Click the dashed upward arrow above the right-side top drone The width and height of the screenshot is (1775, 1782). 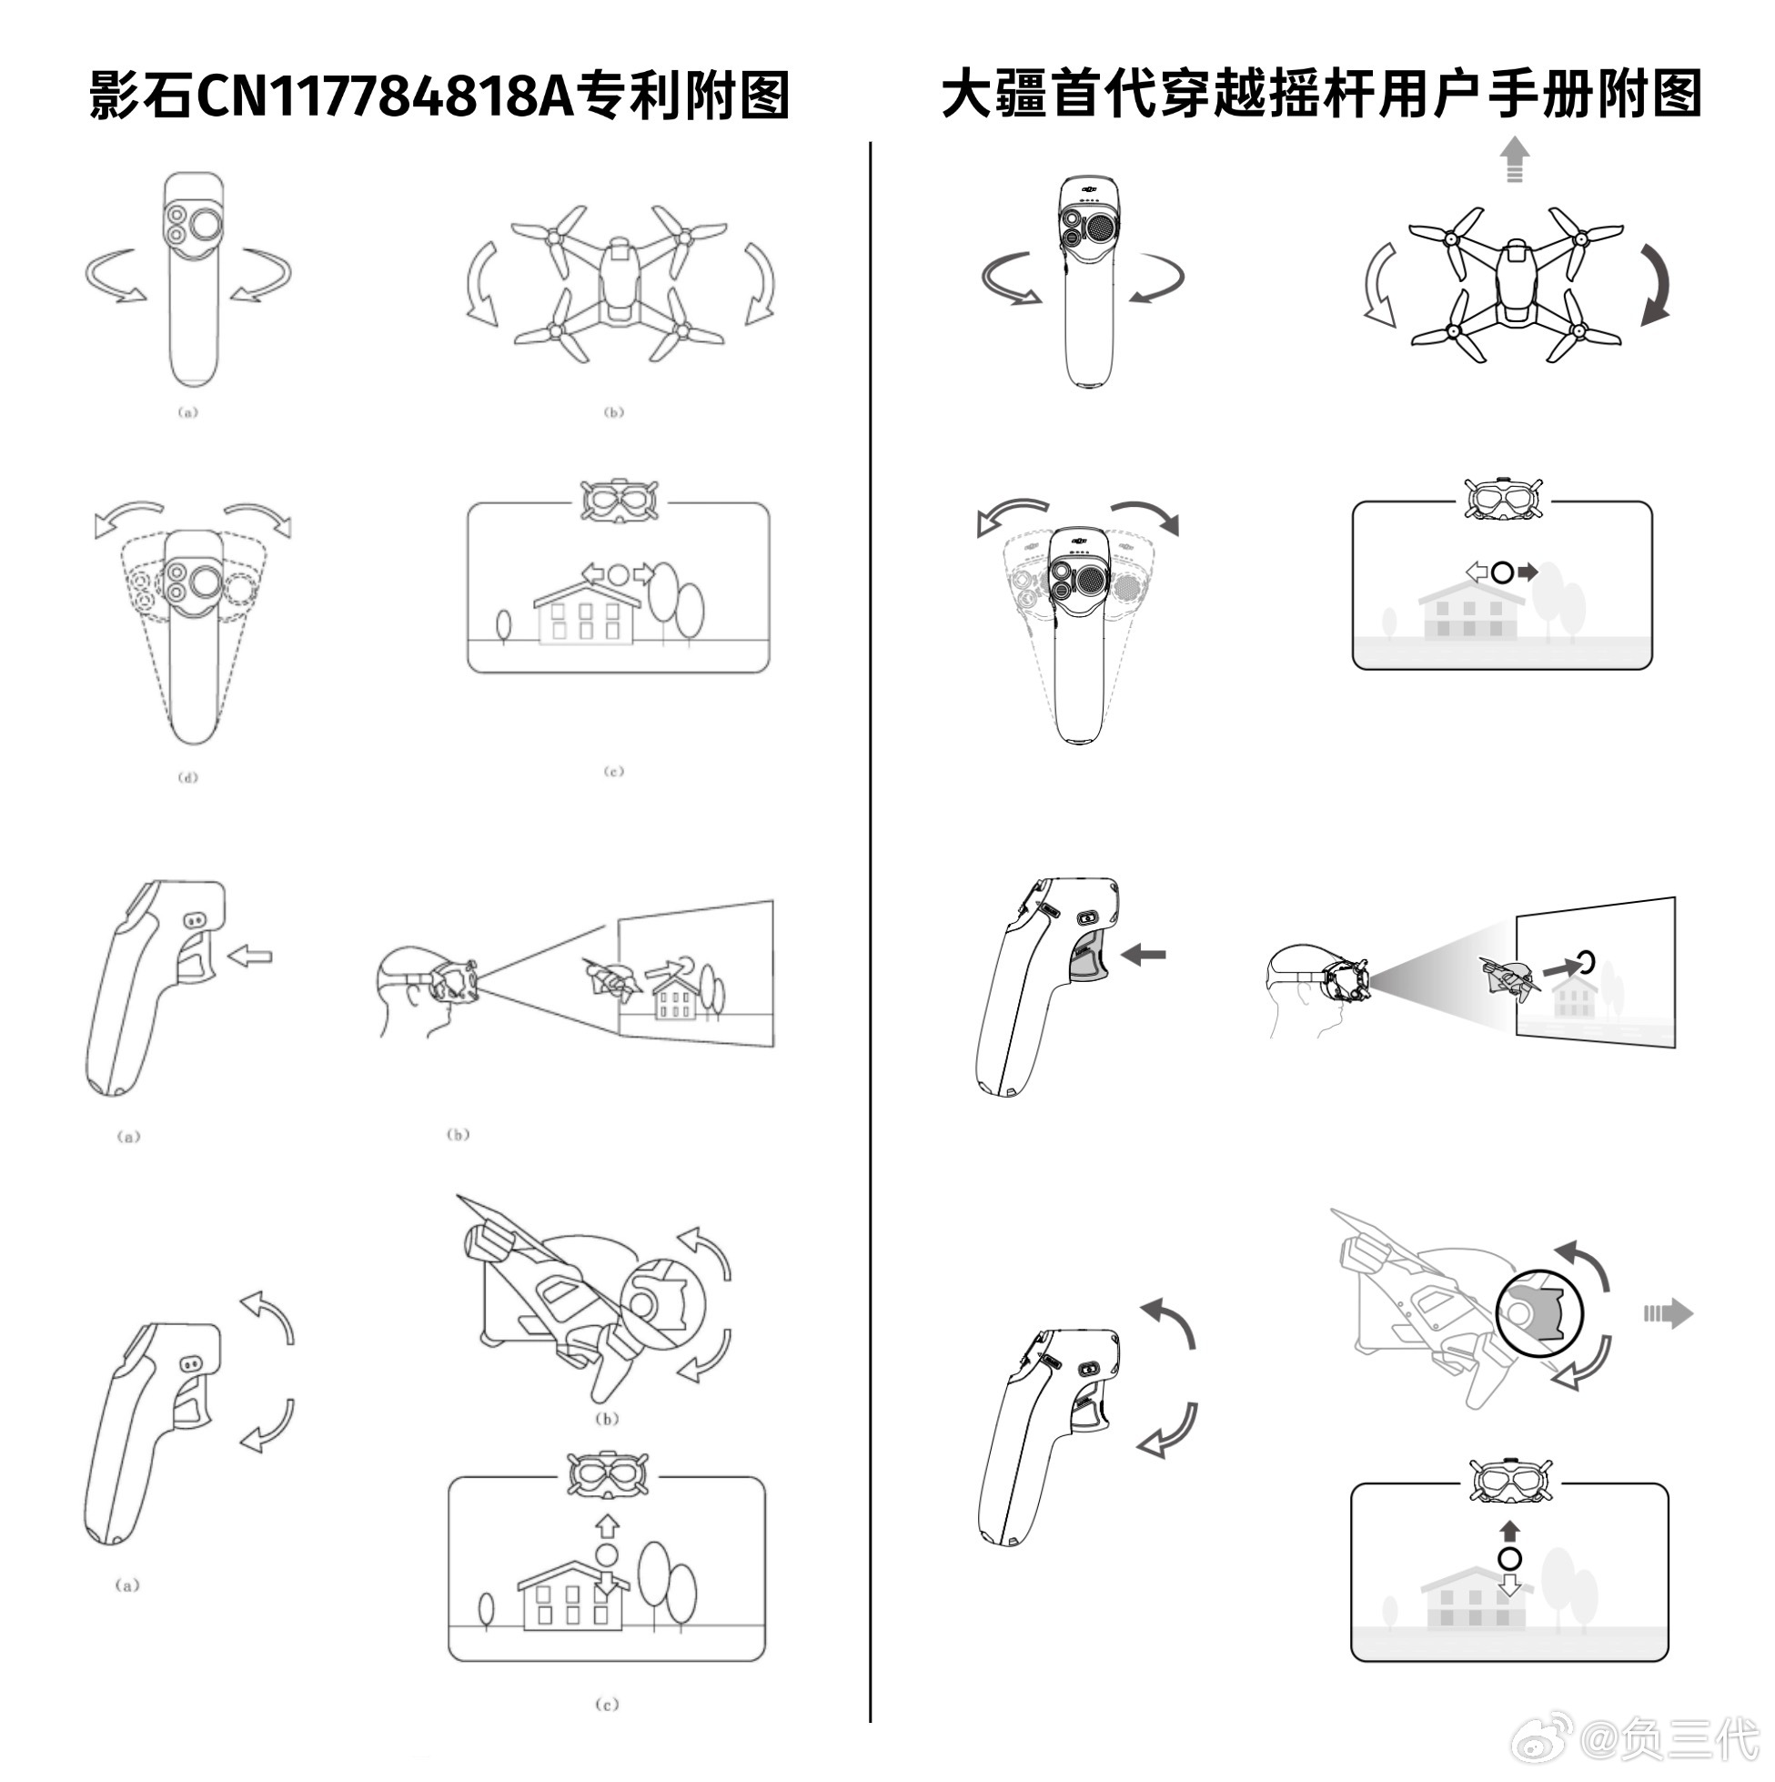tap(1513, 159)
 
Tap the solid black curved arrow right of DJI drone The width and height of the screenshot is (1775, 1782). tap(1656, 285)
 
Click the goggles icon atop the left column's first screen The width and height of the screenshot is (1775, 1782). tap(619, 501)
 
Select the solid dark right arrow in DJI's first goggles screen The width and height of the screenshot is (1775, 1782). tap(1528, 572)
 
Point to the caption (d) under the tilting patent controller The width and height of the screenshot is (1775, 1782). tap(187, 777)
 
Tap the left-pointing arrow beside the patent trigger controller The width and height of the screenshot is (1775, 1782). tap(250, 956)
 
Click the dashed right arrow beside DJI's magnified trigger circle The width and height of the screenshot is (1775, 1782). tap(1667, 1312)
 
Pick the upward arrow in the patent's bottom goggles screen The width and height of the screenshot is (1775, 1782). tap(606, 1526)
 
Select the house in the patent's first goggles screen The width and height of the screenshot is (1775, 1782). tap(587, 613)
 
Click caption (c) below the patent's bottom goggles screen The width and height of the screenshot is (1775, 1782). tap(607, 1705)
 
